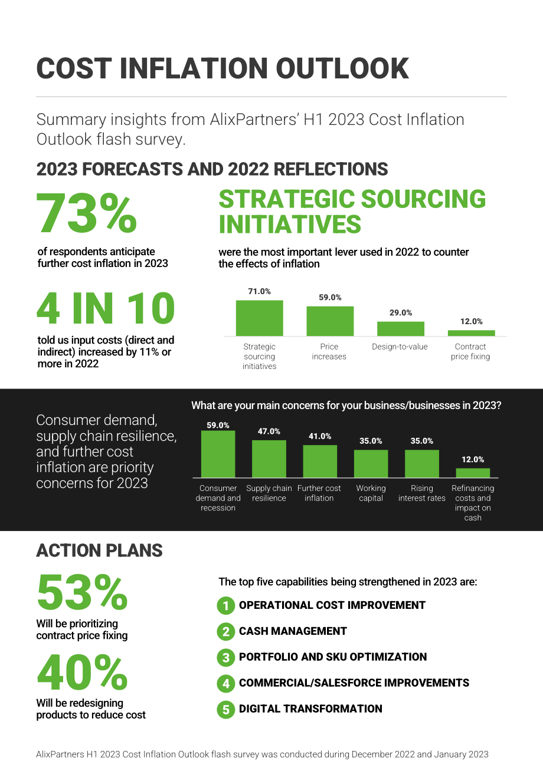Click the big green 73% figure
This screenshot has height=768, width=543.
[x=87, y=213]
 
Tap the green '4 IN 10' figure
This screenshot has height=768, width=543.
[x=106, y=308]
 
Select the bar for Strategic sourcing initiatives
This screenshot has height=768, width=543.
[x=260, y=318]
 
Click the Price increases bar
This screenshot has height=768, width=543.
[x=330, y=321]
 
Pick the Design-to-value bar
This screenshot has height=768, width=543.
[x=401, y=329]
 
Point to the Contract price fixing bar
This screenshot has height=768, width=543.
[x=471, y=333]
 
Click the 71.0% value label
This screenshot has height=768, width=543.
[x=260, y=291]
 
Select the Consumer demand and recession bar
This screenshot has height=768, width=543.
[x=218, y=454]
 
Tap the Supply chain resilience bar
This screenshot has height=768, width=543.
[x=269, y=459]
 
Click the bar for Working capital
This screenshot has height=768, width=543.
[x=371, y=463]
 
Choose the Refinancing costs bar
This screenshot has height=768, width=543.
[x=473, y=473]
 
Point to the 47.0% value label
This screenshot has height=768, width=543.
[x=269, y=431]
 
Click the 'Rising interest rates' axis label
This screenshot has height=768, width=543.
[x=422, y=493]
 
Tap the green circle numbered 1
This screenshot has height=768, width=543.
[x=226, y=605]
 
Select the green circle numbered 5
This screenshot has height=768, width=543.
[x=226, y=709]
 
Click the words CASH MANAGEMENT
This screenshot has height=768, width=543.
[x=293, y=631]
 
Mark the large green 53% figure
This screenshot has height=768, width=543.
[x=83, y=593]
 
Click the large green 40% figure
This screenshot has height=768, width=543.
[x=83, y=673]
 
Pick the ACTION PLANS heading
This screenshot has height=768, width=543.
[x=99, y=551]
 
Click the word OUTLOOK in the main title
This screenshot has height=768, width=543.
[x=342, y=68]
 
